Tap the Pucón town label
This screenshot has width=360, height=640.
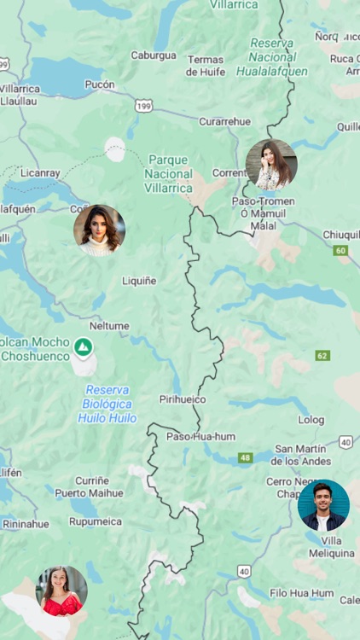pos(100,84)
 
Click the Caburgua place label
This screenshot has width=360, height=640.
pos(154,55)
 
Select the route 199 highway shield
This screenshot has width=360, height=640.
pos(143,106)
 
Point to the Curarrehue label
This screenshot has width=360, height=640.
pos(225,121)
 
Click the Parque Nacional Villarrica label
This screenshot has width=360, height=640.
pos(168,173)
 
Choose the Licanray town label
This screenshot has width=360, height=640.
pos(40,172)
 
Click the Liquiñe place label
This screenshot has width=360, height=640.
pos(139,280)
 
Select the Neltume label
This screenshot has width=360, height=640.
pos(109,326)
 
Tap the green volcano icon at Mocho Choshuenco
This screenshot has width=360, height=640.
pos(83,346)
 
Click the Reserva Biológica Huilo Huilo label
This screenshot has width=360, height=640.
pos(107,404)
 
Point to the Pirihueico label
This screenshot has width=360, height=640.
pos(183,399)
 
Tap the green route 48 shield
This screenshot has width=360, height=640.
pos(246,458)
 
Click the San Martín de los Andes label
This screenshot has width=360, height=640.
pos(300,455)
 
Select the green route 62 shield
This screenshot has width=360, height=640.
pos(322,355)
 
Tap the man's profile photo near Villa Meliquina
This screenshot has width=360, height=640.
pos(323,505)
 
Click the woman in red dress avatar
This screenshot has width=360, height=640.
pos(61,591)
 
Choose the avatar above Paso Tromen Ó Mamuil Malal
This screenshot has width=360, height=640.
pos(271,165)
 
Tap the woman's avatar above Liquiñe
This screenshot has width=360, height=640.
pos(99,230)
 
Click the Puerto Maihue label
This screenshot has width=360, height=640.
pos(90,493)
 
